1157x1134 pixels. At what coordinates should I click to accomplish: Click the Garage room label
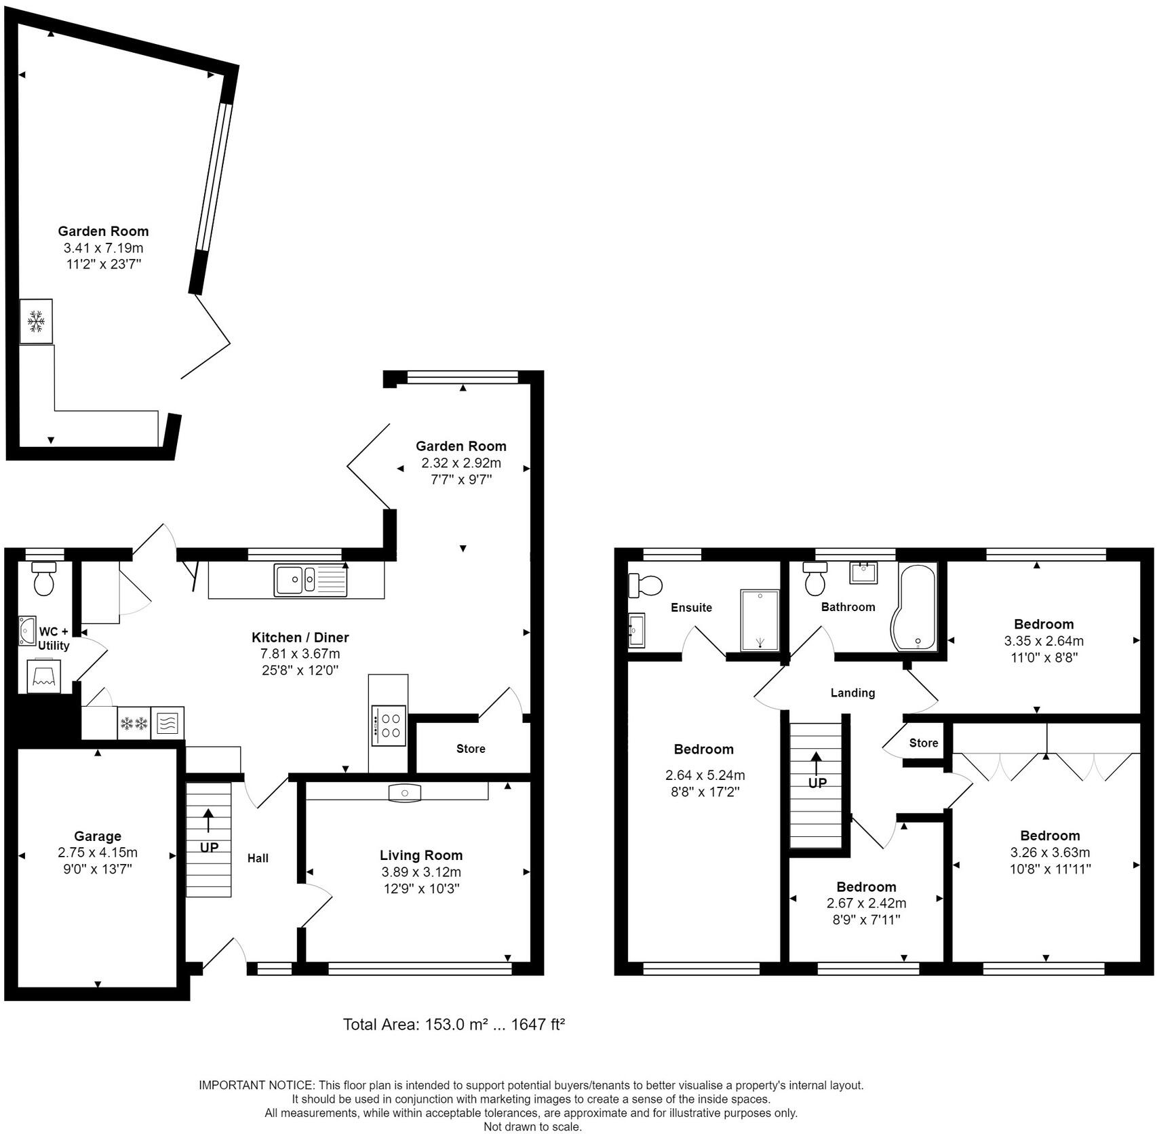(98, 836)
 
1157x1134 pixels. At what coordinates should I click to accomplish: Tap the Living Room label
(421, 855)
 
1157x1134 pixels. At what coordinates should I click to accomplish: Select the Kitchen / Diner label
(300, 637)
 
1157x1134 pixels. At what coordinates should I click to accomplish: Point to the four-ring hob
(389, 726)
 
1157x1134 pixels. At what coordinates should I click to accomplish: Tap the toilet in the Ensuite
(644, 585)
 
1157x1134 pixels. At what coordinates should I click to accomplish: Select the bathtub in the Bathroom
(917, 606)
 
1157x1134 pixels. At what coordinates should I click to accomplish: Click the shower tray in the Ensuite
(760, 620)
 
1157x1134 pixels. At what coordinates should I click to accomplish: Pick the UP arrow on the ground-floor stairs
(208, 820)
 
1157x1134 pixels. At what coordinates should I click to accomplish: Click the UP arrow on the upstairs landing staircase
(817, 763)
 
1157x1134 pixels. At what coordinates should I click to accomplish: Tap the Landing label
(852, 692)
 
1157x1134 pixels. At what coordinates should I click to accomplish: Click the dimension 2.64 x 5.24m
(705, 775)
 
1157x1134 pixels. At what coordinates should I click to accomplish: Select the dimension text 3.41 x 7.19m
(103, 248)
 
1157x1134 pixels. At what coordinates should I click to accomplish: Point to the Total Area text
(454, 1024)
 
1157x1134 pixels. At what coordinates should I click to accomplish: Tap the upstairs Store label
(924, 743)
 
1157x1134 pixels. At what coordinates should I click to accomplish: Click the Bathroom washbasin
(864, 572)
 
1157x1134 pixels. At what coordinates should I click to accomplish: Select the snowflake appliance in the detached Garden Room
(36, 321)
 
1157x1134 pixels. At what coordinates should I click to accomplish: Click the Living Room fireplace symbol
(405, 792)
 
